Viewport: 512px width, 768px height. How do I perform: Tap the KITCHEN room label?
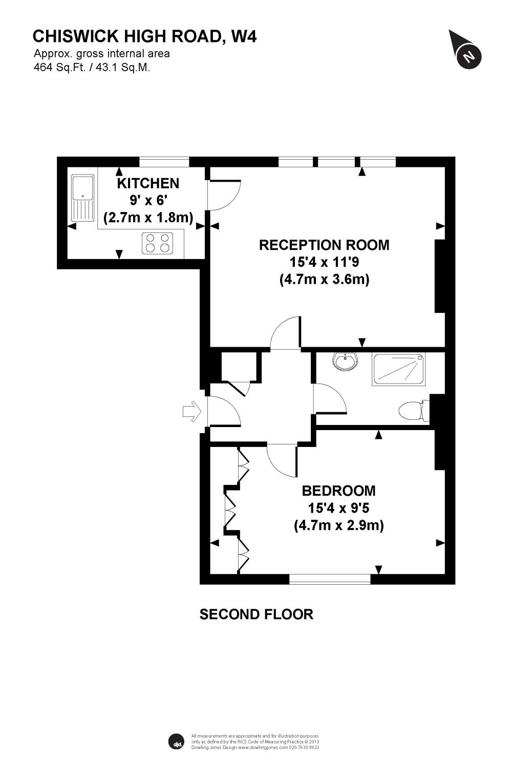tap(148, 183)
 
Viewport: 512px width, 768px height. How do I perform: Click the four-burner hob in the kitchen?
tap(158, 242)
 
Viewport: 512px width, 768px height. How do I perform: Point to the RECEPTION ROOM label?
tap(324, 245)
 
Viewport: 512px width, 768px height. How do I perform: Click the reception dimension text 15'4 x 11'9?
tap(324, 262)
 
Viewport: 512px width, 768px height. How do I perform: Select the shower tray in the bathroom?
tap(399, 369)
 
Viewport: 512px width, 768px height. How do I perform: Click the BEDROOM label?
tap(338, 490)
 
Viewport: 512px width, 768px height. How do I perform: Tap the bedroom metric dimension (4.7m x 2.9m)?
tap(338, 525)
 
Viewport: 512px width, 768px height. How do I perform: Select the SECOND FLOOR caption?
tap(256, 614)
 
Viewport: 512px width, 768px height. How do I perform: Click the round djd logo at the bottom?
tap(176, 741)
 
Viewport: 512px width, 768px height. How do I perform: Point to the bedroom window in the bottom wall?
tap(330, 579)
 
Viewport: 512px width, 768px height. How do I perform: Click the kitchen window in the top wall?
tap(164, 162)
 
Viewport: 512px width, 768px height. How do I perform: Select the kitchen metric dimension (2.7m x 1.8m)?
tap(148, 218)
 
